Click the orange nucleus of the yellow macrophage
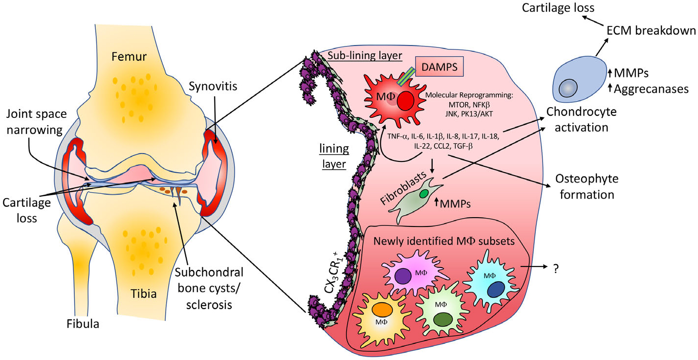point(380,312)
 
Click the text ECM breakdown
point(654,30)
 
